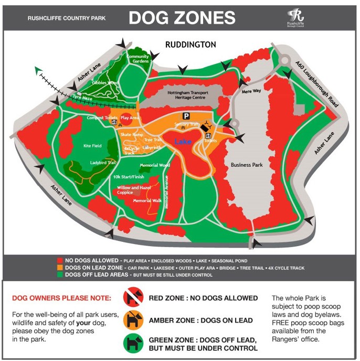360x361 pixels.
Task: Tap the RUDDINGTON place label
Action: click(190, 45)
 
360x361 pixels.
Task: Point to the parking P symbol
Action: click(185, 115)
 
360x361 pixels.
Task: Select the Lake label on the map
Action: click(183, 142)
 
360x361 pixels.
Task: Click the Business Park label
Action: click(247, 165)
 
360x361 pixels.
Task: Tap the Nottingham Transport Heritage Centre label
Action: click(187, 95)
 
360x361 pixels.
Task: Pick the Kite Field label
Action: click(92, 146)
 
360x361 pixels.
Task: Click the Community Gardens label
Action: click(138, 59)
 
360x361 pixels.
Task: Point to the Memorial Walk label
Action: click(146, 200)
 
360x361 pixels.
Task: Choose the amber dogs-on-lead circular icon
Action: click(133, 320)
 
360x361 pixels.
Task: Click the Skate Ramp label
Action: click(131, 135)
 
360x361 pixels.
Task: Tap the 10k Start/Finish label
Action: click(129, 177)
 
